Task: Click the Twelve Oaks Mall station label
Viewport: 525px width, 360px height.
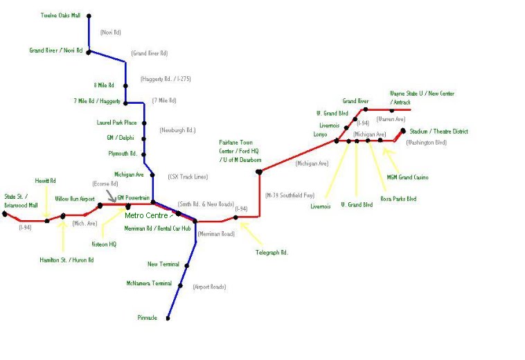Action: [x=61, y=15]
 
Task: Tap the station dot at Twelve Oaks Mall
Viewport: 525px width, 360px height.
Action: [x=89, y=15]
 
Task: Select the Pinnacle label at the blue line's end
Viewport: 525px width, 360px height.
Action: [x=147, y=318]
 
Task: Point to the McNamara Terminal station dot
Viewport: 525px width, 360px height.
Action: [x=180, y=285]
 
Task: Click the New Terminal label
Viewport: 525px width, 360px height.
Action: [x=163, y=264]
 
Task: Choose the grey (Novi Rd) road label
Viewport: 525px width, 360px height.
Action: [x=110, y=33]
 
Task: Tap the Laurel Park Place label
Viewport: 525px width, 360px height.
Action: [x=117, y=123]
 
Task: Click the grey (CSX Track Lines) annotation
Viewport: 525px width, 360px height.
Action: [x=187, y=177]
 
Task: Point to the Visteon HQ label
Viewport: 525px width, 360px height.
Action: [x=104, y=244]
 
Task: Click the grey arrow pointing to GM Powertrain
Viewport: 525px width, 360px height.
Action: [x=112, y=198]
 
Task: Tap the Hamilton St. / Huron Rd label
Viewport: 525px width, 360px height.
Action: [x=66, y=260]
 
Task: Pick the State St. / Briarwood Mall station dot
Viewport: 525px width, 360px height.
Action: [x=4, y=213]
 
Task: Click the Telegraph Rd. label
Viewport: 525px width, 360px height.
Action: [x=272, y=253]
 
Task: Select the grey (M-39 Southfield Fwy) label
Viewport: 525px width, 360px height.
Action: [x=290, y=196]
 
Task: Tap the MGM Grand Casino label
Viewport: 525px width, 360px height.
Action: [x=407, y=177]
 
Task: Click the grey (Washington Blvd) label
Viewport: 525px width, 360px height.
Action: [x=426, y=143]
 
